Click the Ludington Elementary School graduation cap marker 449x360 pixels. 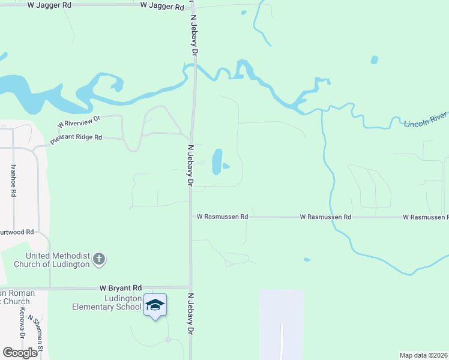point(155,305)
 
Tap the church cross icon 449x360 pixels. point(99,260)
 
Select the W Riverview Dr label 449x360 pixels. point(78,122)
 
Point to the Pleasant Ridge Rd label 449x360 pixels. point(76,138)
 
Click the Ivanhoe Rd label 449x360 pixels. point(13,179)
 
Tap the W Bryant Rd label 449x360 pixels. point(121,288)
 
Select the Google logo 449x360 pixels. point(20,353)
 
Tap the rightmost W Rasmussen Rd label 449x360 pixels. point(426,217)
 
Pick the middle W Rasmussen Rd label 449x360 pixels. point(325,217)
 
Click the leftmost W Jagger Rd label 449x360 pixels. point(49,4)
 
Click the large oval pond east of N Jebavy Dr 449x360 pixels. point(217,162)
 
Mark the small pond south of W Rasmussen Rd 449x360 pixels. point(307,260)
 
